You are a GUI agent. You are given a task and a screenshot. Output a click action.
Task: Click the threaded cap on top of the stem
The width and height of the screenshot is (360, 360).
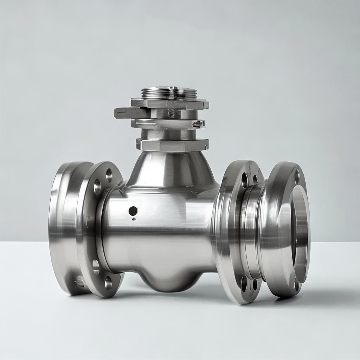[x=169, y=93]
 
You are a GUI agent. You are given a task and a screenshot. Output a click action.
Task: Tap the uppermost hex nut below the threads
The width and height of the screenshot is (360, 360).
[x=170, y=104]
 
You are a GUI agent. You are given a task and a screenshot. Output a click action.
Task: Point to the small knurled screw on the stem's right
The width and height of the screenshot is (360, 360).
[x=199, y=123]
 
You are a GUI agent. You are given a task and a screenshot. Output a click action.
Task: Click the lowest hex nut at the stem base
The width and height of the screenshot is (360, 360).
[x=172, y=144]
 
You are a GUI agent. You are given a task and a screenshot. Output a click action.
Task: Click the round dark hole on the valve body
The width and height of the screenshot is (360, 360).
[x=133, y=211]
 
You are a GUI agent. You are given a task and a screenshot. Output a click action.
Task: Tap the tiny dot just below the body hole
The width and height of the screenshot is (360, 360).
[x=134, y=219]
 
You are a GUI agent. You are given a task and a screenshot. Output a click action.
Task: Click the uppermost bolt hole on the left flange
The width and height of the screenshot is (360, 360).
[x=109, y=175]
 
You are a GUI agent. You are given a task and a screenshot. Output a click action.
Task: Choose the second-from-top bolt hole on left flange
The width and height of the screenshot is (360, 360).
[x=97, y=187]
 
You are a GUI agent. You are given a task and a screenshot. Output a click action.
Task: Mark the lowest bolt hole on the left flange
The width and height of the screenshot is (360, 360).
[x=108, y=283]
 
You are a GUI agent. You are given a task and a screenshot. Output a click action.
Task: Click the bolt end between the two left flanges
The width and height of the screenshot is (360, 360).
[x=80, y=281]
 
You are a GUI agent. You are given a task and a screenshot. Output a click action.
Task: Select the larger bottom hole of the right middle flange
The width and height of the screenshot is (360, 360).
[x=244, y=283]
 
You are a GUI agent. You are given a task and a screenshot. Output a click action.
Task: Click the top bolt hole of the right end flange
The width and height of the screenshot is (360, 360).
[x=297, y=176]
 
